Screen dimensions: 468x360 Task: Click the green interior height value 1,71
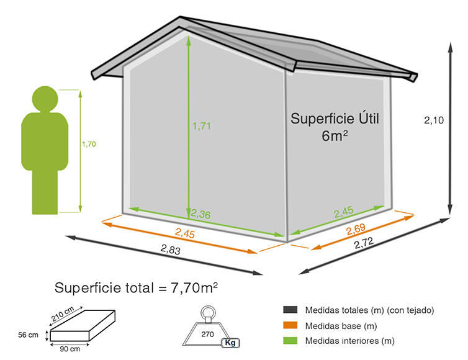pyautogui.click(x=202, y=126)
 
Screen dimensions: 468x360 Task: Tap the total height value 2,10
pyautogui.click(x=434, y=120)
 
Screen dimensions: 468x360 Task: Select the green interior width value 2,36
pyautogui.click(x=200, y=214)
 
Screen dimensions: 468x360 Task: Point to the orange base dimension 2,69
pyautogui.click(x=356, y=229)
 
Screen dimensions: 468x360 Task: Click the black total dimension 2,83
pyautogui.click(x=171, y=250)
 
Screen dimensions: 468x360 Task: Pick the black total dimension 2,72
pyautogui.click(x=364, y=243)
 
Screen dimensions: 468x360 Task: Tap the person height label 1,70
pyautogui.click(x=89, y=144)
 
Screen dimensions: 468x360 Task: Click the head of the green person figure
pyautogui.click(x=45, y=99)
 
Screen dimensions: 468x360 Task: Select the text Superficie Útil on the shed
pyautogui.click(x=335, y=119)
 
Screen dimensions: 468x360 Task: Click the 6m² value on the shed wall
pyautogui.click(x=335, y=136)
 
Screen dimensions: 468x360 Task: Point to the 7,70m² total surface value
pyautogui.click(x=194, y=288)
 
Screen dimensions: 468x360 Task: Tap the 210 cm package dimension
pyautogui.click(x=63, y=314)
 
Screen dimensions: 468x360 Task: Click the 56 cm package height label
pyautogui.click(x=28, y=335)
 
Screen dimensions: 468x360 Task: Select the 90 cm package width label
pyautogui.click(x=70, y=349)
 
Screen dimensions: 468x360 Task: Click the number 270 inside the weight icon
pyautogui.click(x=207, y=334)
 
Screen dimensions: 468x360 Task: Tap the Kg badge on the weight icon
pyautogui.click(x=230, y=343)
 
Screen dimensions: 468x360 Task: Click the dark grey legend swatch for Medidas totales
pyautogui.click(x=290, y=310)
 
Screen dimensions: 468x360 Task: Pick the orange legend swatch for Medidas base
pyautogui.click(x=290, y=325)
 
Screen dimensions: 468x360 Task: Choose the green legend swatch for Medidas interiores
pyautogui.click(x=290, y=340)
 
